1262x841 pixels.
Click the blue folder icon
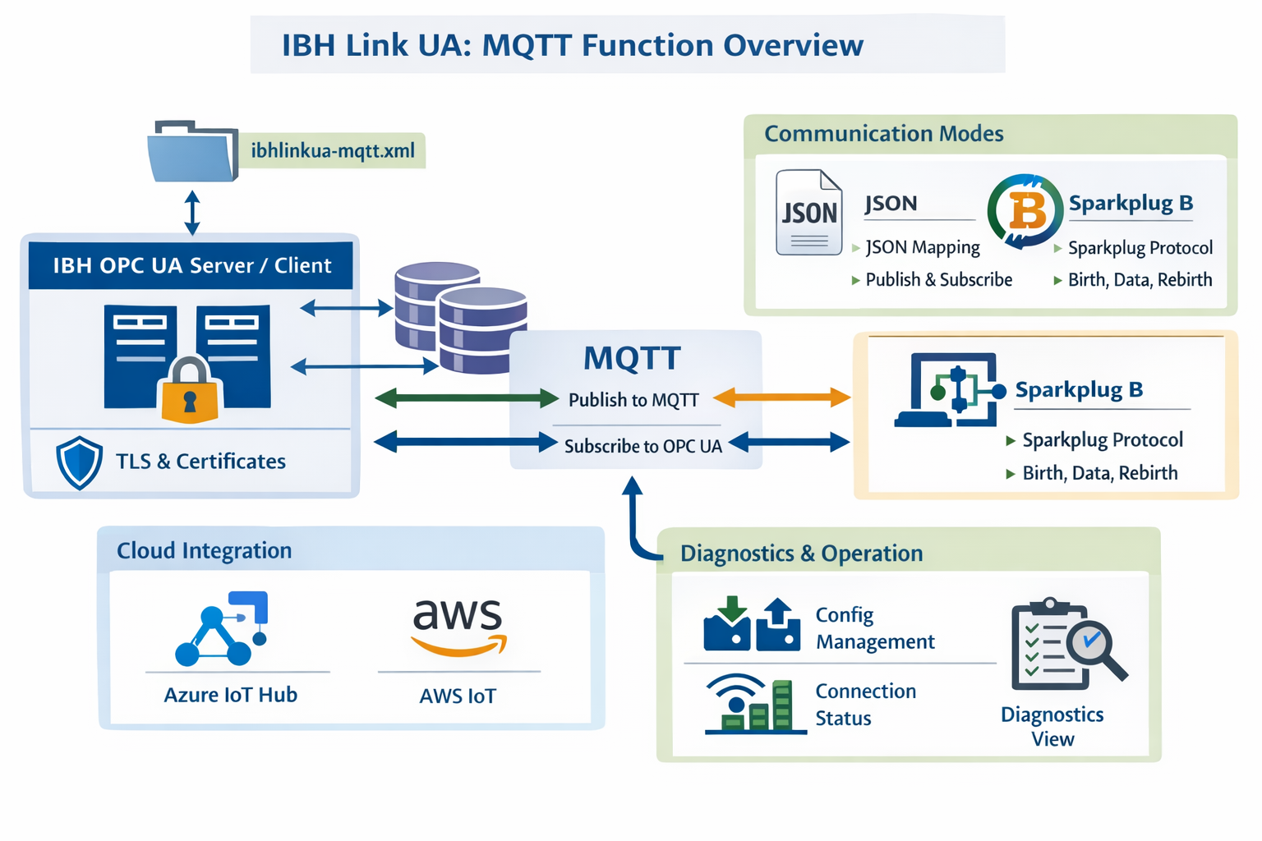pos(192,151)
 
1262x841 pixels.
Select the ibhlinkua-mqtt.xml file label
pos(333,151)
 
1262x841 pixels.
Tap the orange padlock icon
pos(190,391)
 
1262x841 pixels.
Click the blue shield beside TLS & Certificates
pos(79,462)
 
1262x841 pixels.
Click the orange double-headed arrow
pos(781,398)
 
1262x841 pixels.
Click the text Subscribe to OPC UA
pos(643,446)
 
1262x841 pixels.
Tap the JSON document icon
pos(809,213)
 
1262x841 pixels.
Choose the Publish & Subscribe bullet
pos(938,280)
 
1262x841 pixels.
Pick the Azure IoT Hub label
pos(231,695)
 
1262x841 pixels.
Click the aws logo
pos(458,625)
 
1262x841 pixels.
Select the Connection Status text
pos(865,705)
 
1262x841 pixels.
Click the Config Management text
pos(874,628)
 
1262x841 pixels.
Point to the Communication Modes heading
pos(883,134)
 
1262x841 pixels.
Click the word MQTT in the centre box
pos(632,359)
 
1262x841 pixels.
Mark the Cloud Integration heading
pos(204,550)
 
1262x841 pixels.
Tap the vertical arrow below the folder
pos(192,213)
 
